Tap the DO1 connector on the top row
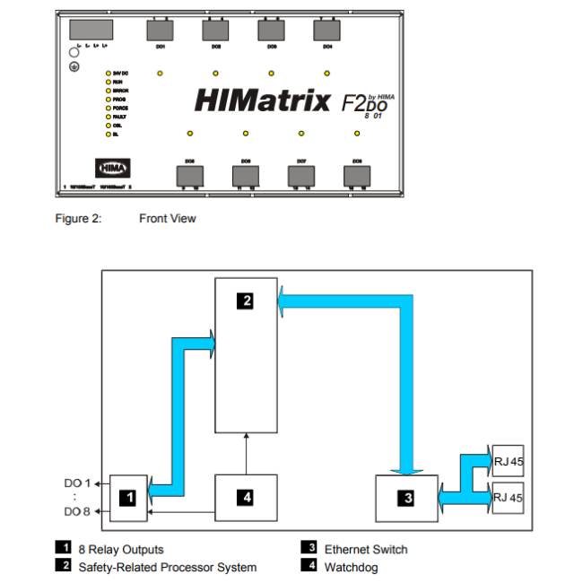pos(161,30)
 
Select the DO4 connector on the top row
pos(327,30)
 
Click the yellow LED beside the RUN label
pos(108,82)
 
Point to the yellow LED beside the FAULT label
pos(108,117)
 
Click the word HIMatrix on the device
pos(262,100)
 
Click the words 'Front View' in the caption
pos(167,219)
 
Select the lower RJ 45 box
pos(507,495)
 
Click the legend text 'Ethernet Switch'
pos(365,549)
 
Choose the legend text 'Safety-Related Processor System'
pos(167,567)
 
